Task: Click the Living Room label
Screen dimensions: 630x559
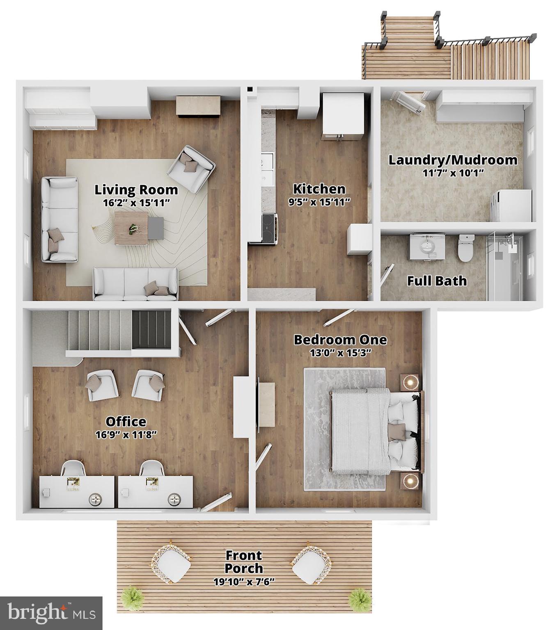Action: [136, 190]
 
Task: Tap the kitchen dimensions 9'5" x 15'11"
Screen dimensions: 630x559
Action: [319, 201]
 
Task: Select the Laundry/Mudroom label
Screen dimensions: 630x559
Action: [453, 160]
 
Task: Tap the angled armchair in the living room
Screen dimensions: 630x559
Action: [191, 168]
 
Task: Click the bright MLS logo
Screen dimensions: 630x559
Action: [51, 613]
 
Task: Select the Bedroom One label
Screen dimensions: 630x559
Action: [340, 340]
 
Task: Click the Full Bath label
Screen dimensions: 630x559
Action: [437, 281]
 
